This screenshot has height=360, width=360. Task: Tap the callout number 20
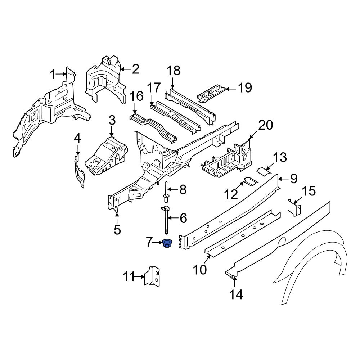coord(266,125)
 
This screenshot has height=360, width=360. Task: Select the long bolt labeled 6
coord(166,220)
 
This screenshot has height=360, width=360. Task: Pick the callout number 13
coord(280,158)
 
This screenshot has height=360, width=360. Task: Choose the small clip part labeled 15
coord(294,208)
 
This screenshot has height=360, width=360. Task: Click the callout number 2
coord(135,69)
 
